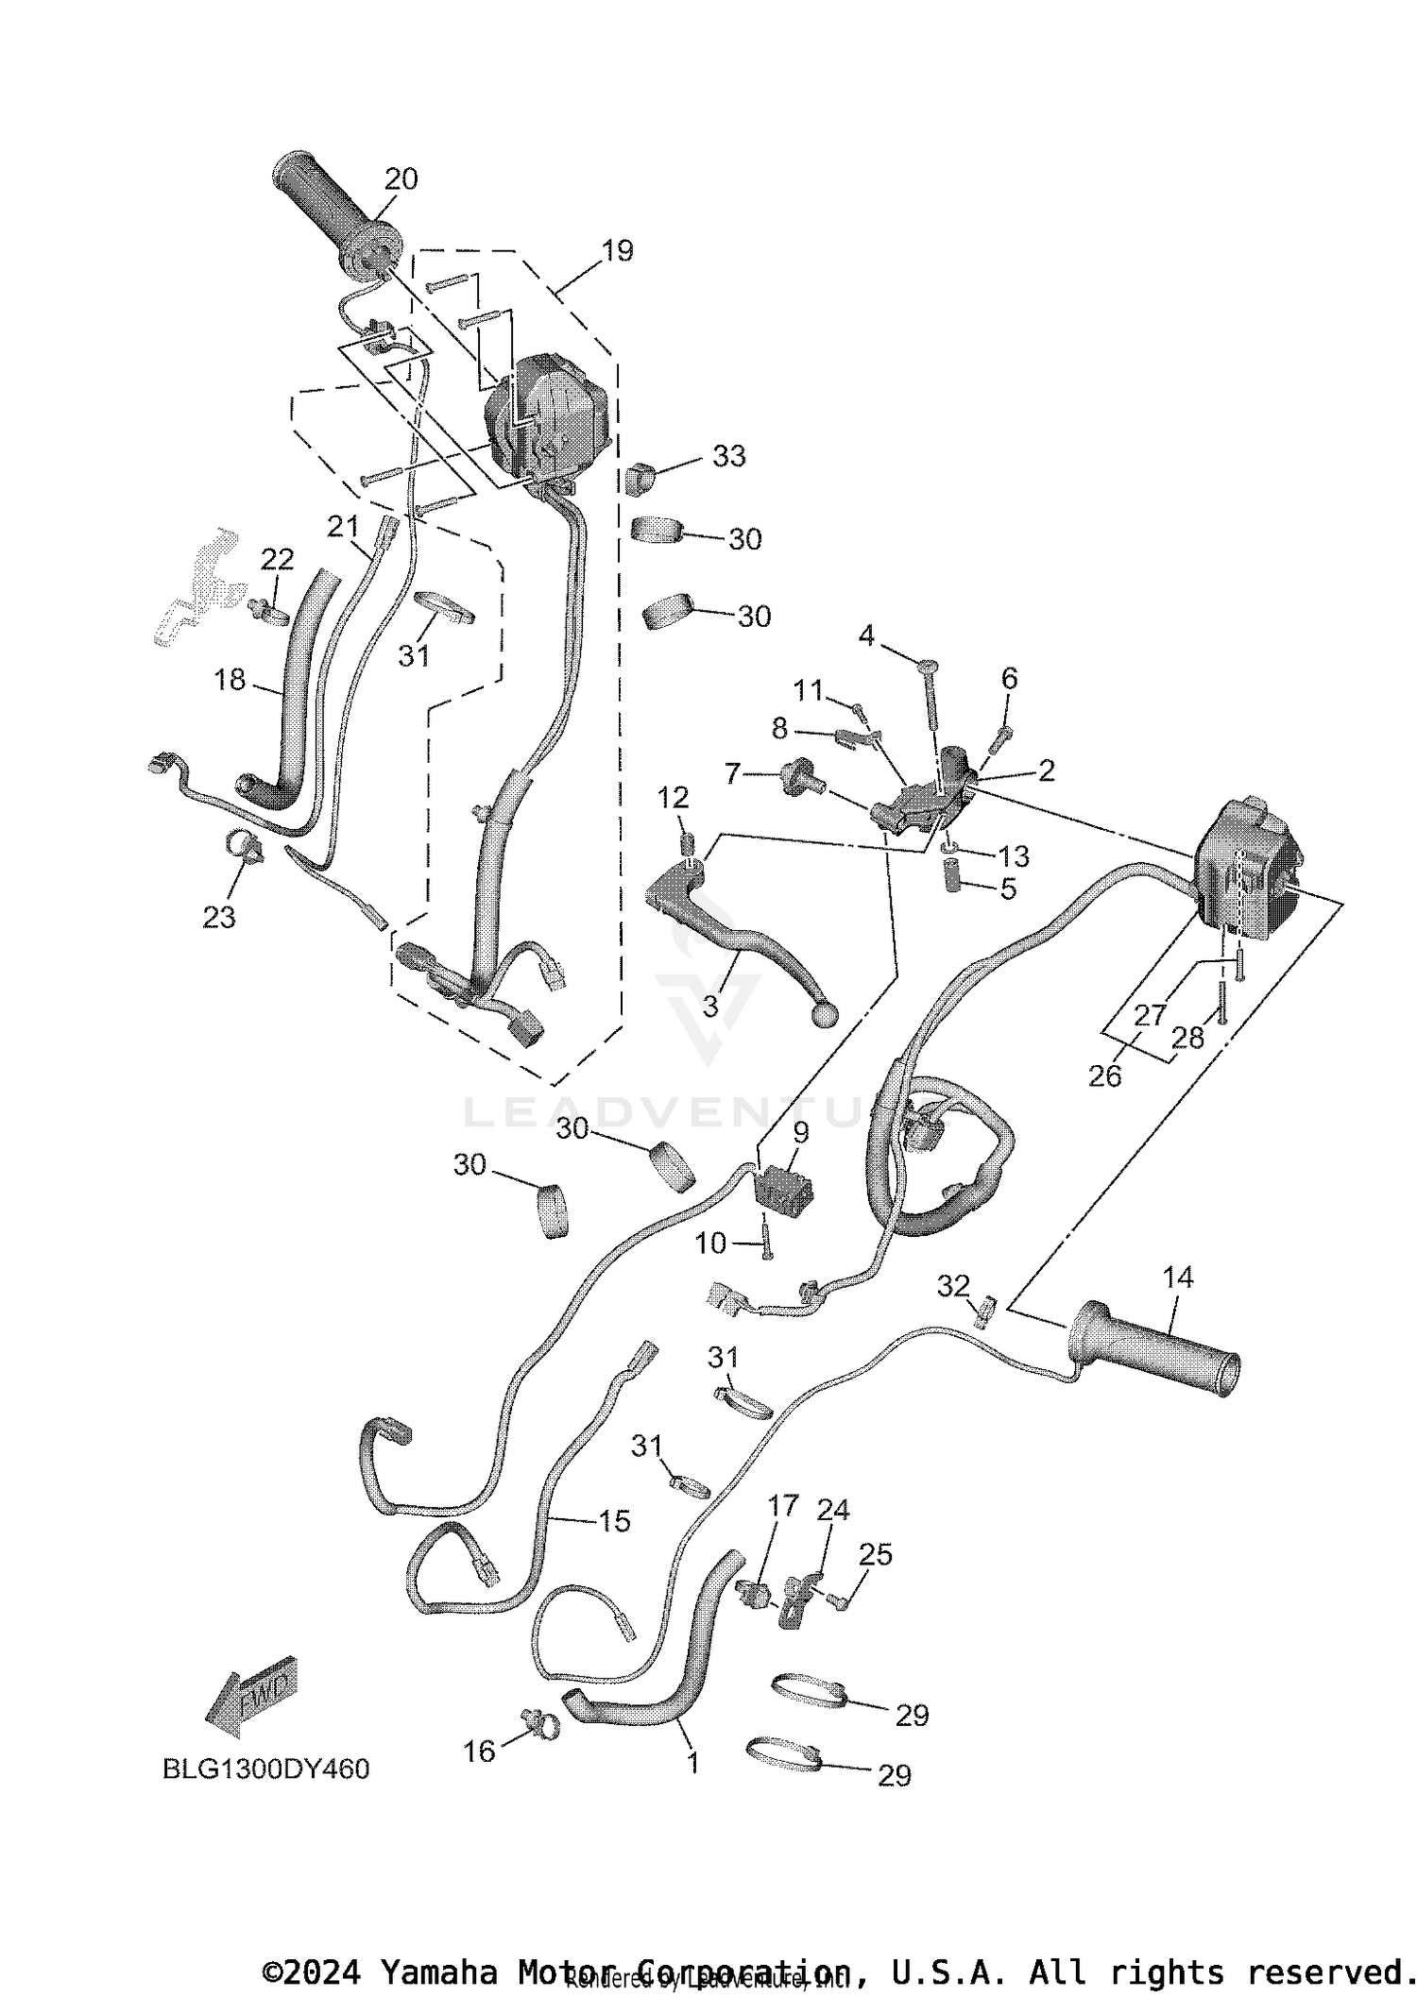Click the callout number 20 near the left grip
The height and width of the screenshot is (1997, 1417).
pos(401,178)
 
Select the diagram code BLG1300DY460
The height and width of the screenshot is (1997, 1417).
pos(265,1769)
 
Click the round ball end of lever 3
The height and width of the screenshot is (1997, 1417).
pos(825,1015)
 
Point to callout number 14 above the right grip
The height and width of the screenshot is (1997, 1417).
pos(1178,1278)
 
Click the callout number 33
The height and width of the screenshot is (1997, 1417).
pos(728,456)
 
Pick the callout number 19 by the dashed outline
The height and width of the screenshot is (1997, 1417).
pos(617,251)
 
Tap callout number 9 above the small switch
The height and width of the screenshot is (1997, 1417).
pos(801,1132)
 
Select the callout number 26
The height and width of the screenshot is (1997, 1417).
pos(1104,1075)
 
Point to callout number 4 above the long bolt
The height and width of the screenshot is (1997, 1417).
pos(866,635)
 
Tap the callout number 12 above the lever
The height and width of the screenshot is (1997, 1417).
pos(673,798)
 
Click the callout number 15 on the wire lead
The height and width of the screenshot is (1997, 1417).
pos(614,1521)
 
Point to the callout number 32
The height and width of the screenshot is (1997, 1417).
pos(953,1285)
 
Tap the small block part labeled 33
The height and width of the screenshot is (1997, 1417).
pos(639,479)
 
